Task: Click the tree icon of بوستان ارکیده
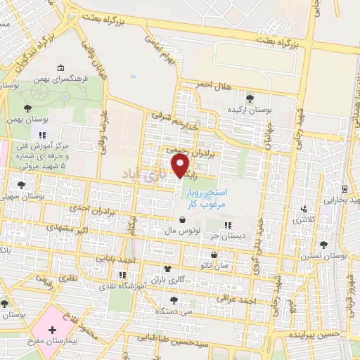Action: click(x=251, y=97)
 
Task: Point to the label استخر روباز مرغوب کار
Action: click(x=205, y=198)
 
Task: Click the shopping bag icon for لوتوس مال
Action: click(x=182, y=219)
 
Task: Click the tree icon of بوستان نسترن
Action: click(x=323, y=245)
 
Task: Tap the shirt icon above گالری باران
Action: click(x=167, y=269)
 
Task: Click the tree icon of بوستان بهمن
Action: click(x=27, y=109)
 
